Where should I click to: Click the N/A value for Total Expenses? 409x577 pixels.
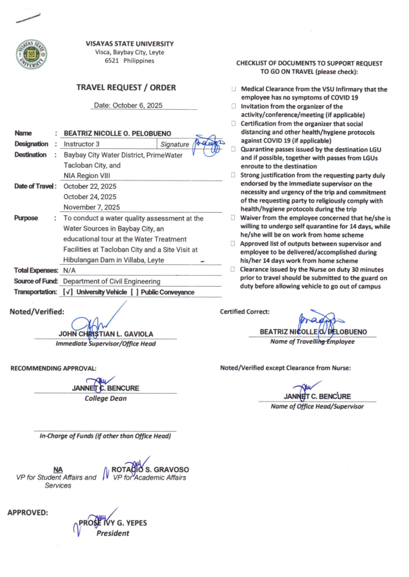[x=70, y=271]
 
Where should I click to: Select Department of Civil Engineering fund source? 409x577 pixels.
[x=112, y=281]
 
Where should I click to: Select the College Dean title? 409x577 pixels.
[x=105, y=398]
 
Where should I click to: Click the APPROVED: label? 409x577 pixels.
[x=27, y=513]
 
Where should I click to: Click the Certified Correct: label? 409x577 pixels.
[x=245, y=312]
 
